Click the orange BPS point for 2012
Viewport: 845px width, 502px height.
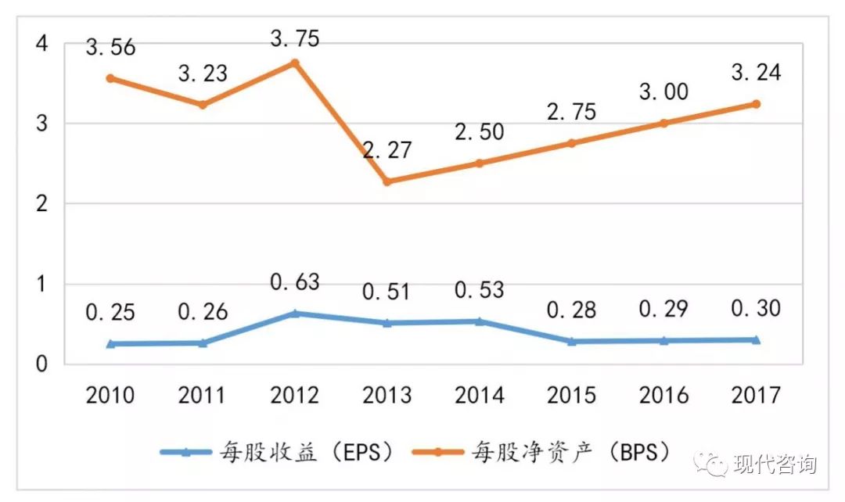tap(295, 63)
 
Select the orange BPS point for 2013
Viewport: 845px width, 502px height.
tap(387, 181)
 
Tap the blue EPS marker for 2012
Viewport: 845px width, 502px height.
tap(295, 314)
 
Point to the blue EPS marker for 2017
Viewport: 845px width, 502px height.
tap(757, 339)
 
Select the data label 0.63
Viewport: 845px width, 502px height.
tap(295, 282)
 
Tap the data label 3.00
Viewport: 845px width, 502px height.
tap(663, 91)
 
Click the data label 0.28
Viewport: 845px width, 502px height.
tap(571, 310)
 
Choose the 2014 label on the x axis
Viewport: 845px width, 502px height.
tap(479, 395)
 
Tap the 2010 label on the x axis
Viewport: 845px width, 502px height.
tap(110, 395)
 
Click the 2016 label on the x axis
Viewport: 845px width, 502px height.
tap(663, 395)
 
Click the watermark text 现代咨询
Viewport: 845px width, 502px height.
tap(775, 464)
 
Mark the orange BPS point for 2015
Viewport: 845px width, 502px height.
tap(571, 143)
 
